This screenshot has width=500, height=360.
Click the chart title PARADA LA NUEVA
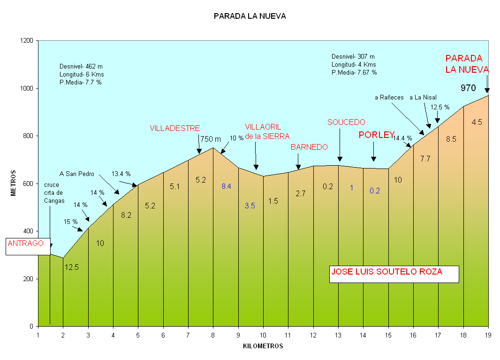coord(250,16)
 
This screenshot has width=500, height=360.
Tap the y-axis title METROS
coord(14,183)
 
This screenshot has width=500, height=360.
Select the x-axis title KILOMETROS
coord(263,346)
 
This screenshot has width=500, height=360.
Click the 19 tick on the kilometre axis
coord(488,335)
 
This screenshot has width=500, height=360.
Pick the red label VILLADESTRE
coord(175,128)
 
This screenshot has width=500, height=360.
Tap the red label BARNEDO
coord(309,147)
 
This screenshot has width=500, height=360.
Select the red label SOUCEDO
coord(346,122)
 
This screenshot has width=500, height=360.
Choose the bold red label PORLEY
coord(376,135)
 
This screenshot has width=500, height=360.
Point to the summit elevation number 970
coord(468,88)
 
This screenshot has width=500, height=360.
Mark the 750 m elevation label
coord(211,139)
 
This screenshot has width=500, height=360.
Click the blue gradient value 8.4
coord(226,186)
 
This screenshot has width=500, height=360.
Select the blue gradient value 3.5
coord(250,206)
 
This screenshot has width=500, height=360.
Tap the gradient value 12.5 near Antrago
coord(72,268)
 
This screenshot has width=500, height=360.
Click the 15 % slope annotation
coord(71,222)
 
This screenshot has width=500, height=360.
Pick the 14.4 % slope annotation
coord(402,138)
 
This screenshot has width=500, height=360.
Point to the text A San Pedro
coord(77,174)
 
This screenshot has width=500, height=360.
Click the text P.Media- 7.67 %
coord(354,73)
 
